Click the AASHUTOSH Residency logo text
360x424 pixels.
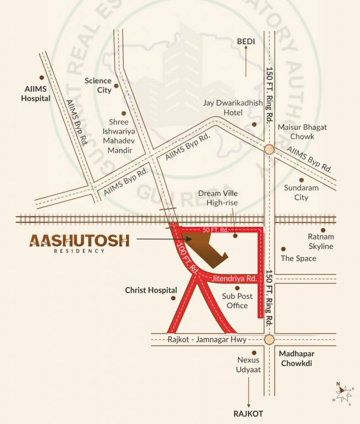click(x=80, y=241)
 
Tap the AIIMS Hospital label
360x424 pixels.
click(x=36, y=93)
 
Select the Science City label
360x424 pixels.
click(x=98, y=85)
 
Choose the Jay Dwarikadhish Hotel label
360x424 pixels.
click(x=223, y=108)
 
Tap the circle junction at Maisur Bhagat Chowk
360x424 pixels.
click(x=269, y=149)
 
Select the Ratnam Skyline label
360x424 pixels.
click(x=320, y=241)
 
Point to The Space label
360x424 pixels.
click(x=298, y=258)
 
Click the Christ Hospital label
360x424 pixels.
click(x=151, y=290)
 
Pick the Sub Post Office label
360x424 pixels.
click(x=237, y=301)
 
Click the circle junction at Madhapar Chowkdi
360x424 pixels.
click(x=269, y=340)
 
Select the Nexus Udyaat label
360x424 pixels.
click(x=248, y=364)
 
